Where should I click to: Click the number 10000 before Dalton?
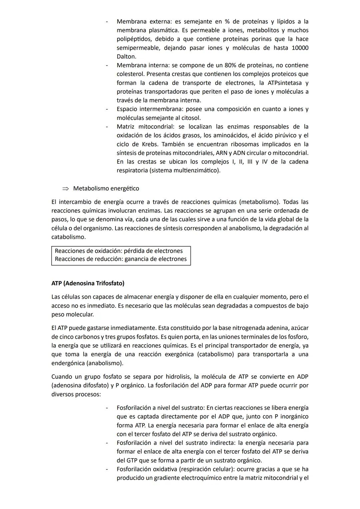pos(300,48)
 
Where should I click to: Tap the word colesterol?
pos(130,74)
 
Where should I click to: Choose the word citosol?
pos(190,118)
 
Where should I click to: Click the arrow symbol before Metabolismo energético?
pos(66,189)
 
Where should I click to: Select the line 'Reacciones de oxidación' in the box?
pos(119,251)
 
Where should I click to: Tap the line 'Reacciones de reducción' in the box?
pos(121,259)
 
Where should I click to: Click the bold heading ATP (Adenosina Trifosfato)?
pos(88,283)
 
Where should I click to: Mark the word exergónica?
pos(179,354)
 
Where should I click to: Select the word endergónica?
pos(68,363)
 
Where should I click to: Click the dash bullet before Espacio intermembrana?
pos(107,109)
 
